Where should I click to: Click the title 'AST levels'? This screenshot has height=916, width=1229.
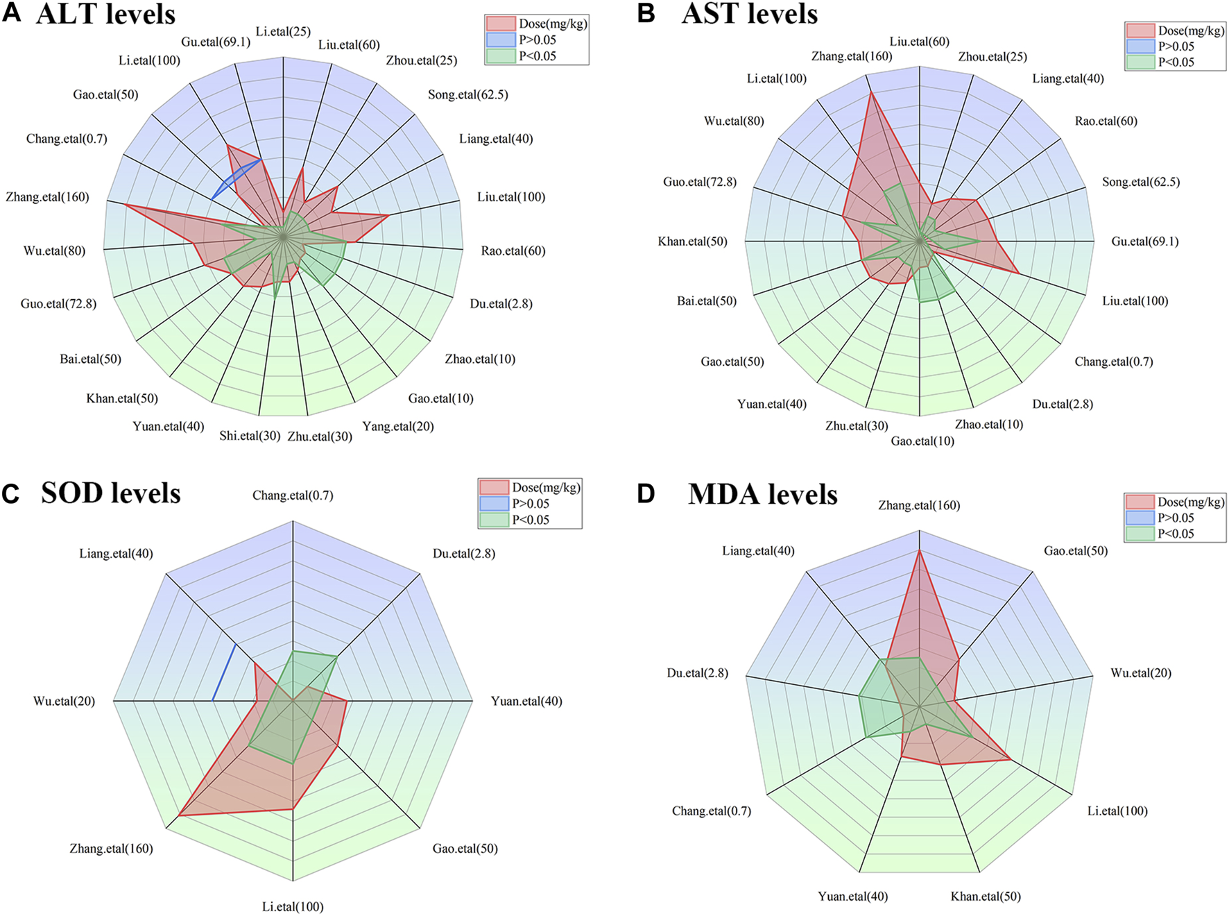click(x=749, y=14)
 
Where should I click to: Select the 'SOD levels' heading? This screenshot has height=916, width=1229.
click(x=110, y=493)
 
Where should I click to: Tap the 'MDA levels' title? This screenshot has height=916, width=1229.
click(x=762, y=495)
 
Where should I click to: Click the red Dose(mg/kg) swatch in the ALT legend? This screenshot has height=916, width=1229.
click(x=500, y=24)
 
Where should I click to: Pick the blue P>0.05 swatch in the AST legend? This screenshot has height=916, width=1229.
click(x=1140, y=46)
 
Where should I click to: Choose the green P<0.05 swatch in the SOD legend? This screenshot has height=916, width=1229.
click(x=493, y=520)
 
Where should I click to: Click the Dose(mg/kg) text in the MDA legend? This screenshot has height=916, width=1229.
click(x=1190, y=502)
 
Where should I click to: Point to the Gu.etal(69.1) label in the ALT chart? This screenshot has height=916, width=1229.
click(x=216, y=42)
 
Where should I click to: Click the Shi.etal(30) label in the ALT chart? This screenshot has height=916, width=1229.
click(x=250, y=436)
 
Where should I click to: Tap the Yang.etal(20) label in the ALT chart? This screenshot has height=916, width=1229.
click(x=398, y=426)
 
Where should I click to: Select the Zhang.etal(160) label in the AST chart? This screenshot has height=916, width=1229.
click(x=852, y=56)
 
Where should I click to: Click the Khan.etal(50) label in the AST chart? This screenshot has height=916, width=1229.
click(x=692, y=241)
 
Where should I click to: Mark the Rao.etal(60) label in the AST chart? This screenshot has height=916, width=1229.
click(x=1106, y=121)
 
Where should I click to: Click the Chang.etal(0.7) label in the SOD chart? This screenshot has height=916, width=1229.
click(x=293, y=495)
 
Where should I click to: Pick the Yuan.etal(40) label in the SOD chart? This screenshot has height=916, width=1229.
click(x=526, y=701)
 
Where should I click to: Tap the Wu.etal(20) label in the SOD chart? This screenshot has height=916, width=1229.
click(x=64, y=701)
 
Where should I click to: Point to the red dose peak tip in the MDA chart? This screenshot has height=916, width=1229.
click(x=920, y=551)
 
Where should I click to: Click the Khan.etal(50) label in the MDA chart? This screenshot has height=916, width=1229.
click(x=986, y=897)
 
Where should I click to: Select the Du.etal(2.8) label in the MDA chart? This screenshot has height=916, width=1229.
click(x=697, y=673)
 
